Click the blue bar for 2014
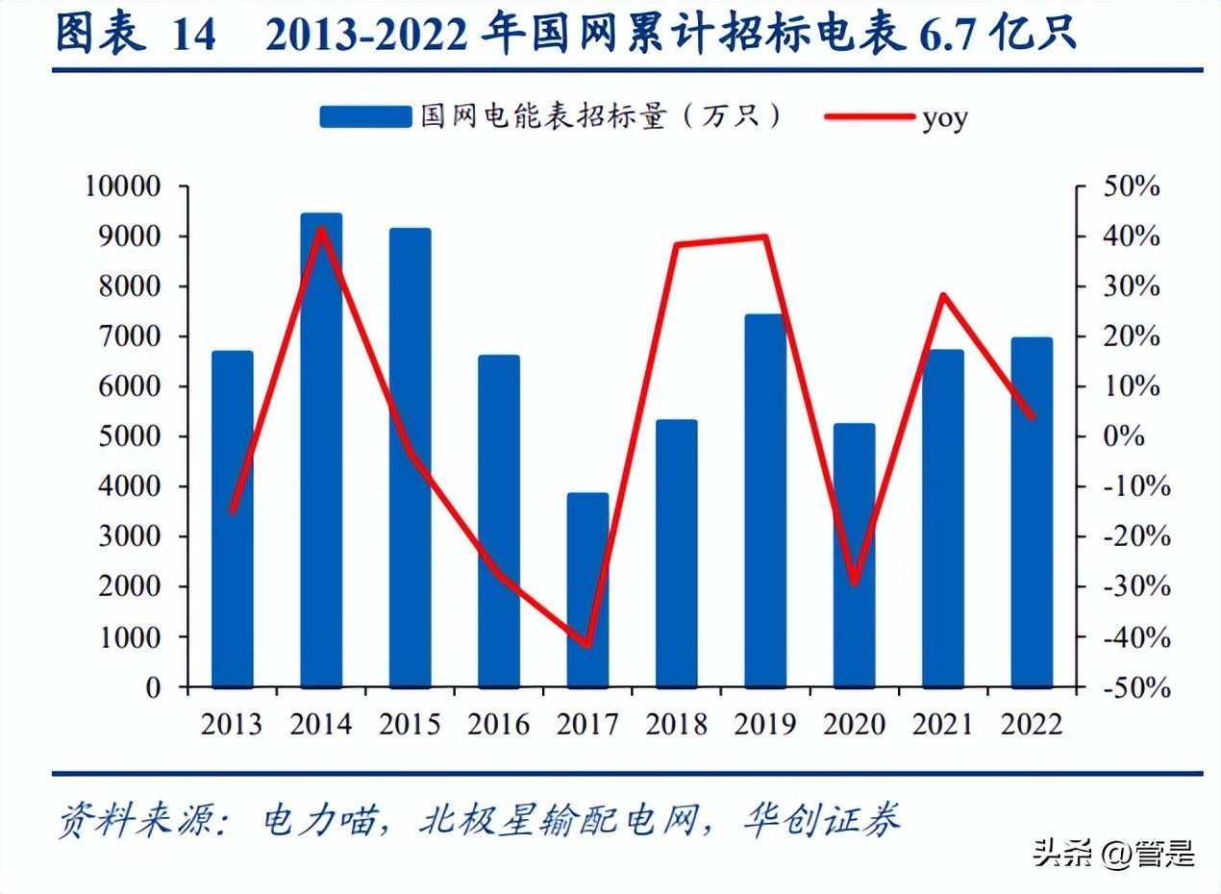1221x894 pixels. [x=321, y=452]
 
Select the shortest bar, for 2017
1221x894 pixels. [x=587, y=591]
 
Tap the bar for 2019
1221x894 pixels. [x=765, y=500]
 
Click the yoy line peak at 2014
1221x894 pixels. [x=321, y=228]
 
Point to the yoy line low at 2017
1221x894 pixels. [x=587, y=645]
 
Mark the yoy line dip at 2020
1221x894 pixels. [x=854, y=583]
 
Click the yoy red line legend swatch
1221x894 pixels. [x=868, y=116]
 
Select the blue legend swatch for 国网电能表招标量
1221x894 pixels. [x=364, y=116]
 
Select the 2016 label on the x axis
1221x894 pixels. [x=499, y=723]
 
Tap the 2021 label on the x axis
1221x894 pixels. [x=943, y=723]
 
